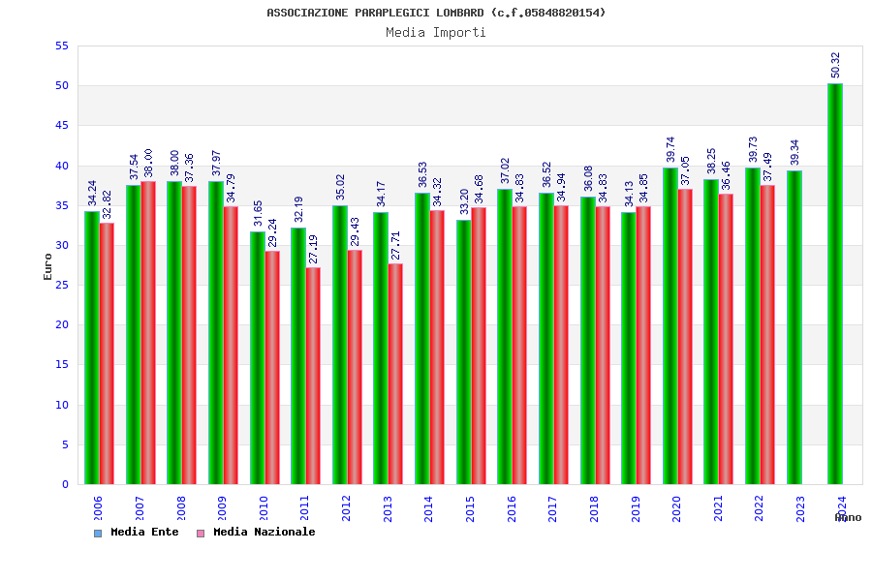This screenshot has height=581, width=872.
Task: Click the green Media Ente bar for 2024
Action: pyautogui.click(x=835, y=284)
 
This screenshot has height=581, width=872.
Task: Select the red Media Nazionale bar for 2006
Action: pyautogui.click(x=107, y=353)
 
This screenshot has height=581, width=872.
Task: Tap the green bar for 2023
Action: pyautogui.click(x=794, y=327)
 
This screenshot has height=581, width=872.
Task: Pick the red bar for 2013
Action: pyautogui.click(x=395, y=374)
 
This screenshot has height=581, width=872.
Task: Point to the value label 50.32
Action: pyautogui.click(x=836, y=65)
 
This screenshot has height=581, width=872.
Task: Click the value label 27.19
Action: pyautogui.click(x=314, y=249)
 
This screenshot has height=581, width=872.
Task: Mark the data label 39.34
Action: pyautogui.click(x=795, y=152)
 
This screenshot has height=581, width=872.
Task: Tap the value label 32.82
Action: pyautogui.click(x=108, y=204)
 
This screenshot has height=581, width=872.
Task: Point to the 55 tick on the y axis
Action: pyautogui.click(x=61, y=46)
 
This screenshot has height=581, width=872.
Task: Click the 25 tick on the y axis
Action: pyautogui.click(x=61, y=285)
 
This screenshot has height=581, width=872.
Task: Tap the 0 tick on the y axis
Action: pyautogui.click(x=65, y=484)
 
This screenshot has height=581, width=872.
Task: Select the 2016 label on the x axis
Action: pyautogui.click(x=512, y=508)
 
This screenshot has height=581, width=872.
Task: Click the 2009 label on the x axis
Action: pyautogui.click(x=223, y=508)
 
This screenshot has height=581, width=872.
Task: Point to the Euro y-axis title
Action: pyautogui.click(x=48, y=266)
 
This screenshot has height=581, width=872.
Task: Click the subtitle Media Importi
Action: pyautogui.click(x=436, y=32)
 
